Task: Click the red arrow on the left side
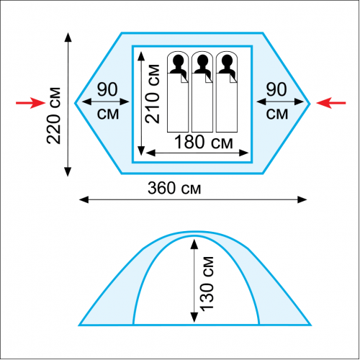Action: tap(30, 103)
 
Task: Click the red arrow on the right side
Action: tap(331, 103)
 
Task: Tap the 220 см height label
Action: tap(53, 116)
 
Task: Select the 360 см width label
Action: tap(174, 188)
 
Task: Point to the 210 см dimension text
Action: tap(152, 94)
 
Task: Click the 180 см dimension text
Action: tap(204, 142)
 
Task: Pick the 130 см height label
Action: tap(206, 284)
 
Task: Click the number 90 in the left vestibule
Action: tap(107, 89)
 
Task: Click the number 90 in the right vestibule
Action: tap(276, 89)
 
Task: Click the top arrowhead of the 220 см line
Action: tap(68, 37)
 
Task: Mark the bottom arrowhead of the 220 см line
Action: tap(68, 172)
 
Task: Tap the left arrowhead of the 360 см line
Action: tap(84, 199)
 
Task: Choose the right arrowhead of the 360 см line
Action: tap(302, 199)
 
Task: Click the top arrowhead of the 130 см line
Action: tap(194, 244)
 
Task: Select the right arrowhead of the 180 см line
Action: tap(244, 153)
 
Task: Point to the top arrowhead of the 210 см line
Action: tap(141, 56)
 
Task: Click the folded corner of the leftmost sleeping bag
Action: tap(184, 78)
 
